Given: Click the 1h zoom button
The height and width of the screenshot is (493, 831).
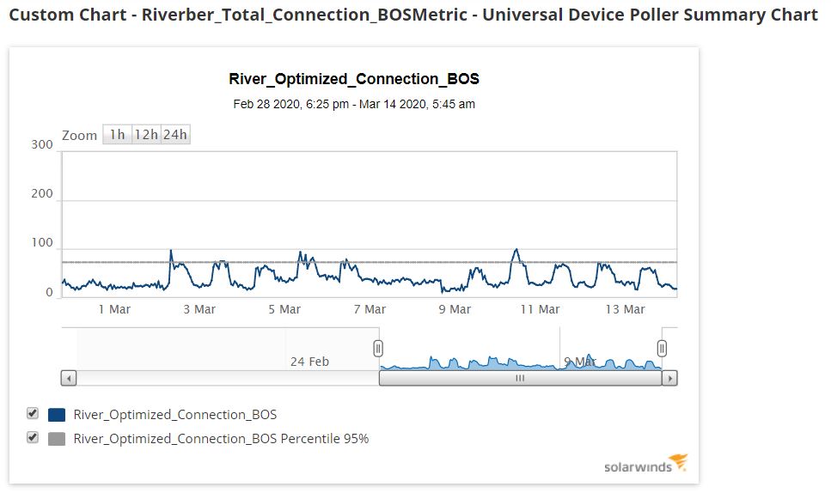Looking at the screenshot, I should pyautogui.click(x=117, y=134).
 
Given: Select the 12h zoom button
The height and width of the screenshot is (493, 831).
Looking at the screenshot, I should pyautogui.click(x=146, y=134).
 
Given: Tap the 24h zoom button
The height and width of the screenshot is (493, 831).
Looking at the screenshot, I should pyautogui.click(x=175, y=134).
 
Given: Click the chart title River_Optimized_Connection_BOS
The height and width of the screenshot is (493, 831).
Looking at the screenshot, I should pyautogui.click(x=354, y=79).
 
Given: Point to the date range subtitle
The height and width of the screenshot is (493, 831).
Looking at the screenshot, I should pyautogui.click(x=354, y=104).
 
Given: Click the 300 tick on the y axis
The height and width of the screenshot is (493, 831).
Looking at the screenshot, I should pyautogui.click(x=42, y=144).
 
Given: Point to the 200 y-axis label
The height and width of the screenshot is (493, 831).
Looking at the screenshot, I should pyautogui.click(x=42, y=193).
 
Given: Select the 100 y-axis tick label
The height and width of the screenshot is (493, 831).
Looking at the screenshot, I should pyautogui.click(x=42, y=243).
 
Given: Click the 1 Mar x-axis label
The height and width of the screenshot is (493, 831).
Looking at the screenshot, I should pyautogui.click(x=114, y=309).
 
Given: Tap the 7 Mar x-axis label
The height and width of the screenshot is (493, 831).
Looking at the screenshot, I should pyautogui.click(x=370, y=309).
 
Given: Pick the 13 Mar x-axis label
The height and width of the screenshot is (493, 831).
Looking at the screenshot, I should pyautogui.click(x=625, y=309).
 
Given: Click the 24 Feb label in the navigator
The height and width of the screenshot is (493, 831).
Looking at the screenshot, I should pyautogui.click(x=309, y=362).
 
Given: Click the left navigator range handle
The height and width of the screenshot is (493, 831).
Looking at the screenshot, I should pyautogui.click(x=378, y=348).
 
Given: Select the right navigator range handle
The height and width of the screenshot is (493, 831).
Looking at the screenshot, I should pyautogui.click(x=662, y=348).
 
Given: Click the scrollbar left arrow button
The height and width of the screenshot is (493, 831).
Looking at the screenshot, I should pyautogui.click(x=69, y=378).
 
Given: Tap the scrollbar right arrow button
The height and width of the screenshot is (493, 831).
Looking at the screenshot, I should pyautogui.click(x=670, y=378).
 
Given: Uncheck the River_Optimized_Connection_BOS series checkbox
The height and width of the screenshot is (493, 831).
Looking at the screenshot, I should pyautogui.click(x=33, y=414).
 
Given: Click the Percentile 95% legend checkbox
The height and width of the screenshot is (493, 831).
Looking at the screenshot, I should pyautogui.click(x=33, y=438).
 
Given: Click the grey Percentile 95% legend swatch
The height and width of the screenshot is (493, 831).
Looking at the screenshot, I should pyautogui.click(x=57, y=439).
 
